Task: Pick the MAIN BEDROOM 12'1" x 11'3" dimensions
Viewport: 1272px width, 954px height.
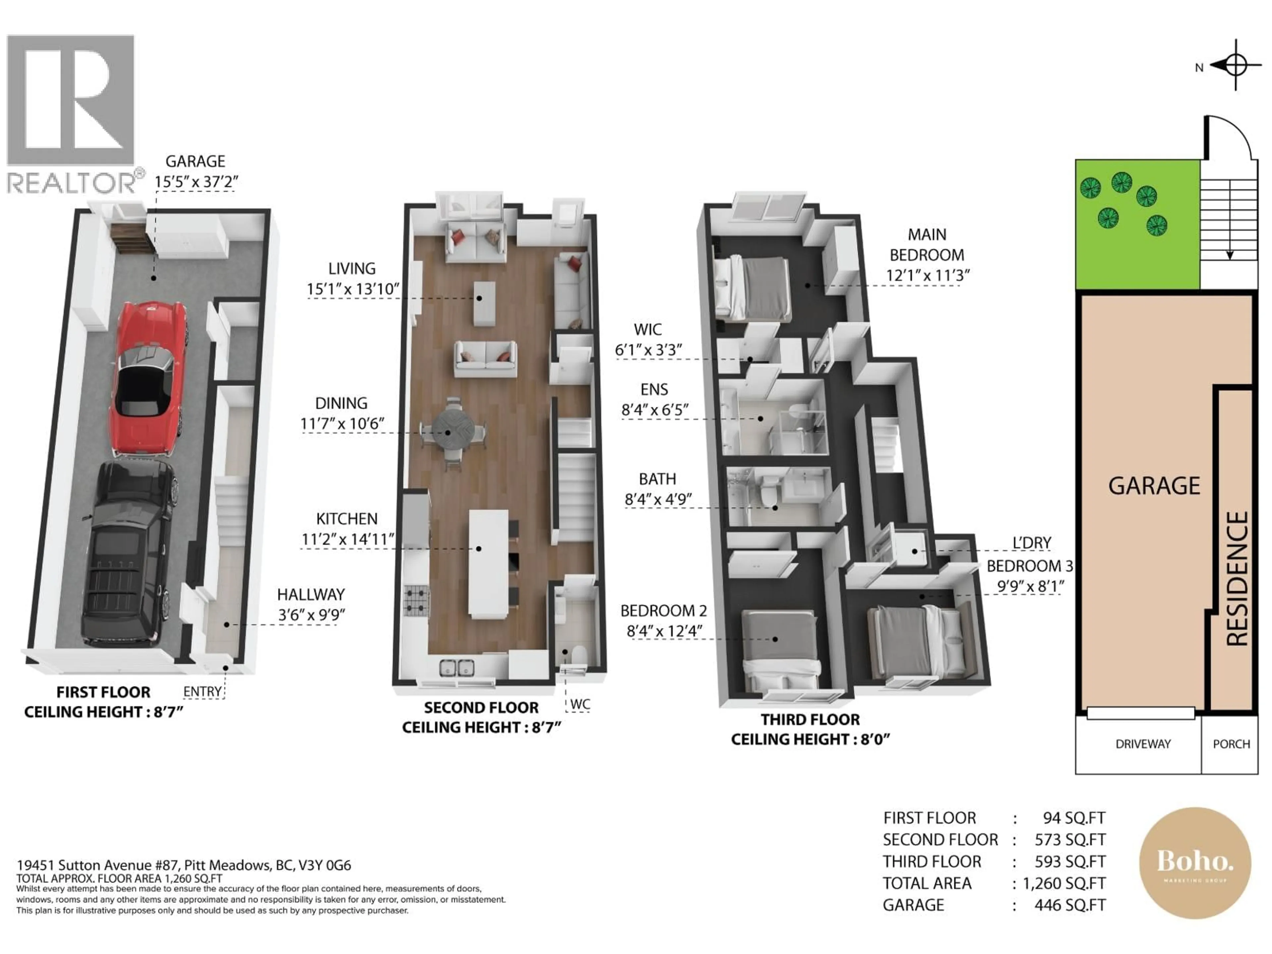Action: pyautogui.click(x=927, y=275)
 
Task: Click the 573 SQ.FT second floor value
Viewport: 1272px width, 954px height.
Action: pyautogui.click(x=1070, y=840)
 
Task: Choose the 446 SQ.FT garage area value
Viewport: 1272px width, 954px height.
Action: pyautogui.click(x=1070, y=905)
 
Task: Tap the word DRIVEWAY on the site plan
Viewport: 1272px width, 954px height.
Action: pyautogui.click(x=1142, y=744)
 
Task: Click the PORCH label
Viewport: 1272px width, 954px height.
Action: pyautogui.click(x=1231, y=744)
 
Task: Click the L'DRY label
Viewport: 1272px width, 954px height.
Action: pyautogui.click(x=1032, y=543)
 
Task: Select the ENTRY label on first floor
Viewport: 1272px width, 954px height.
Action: pyautogui.click(x=202, y=691)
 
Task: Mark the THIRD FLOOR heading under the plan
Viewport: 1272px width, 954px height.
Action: pyautogui.click(x=810, y=719)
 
